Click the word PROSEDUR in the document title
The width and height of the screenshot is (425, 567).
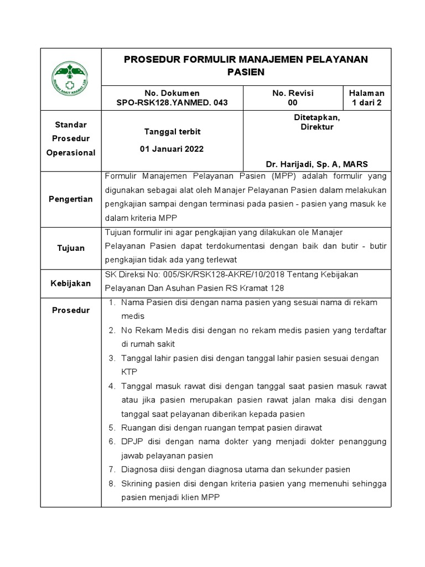pos(149,60)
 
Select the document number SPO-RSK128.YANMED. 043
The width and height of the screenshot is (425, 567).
pos(172,102)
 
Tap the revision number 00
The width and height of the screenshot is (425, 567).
pos(293,102)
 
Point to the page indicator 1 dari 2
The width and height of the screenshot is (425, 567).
pos(366,102)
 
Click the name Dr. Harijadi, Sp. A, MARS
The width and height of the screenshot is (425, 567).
pos(317,164)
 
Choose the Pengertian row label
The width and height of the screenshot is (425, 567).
pos(70,199)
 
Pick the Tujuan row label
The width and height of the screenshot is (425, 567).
pos(70,248)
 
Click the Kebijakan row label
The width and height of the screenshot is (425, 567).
pos(70,283)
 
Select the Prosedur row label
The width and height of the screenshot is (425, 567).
pos(70,310)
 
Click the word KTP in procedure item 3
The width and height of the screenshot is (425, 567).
pos(129,372)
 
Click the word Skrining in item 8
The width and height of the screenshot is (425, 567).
pos(136,483)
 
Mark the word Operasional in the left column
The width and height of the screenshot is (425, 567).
pos(70,153)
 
